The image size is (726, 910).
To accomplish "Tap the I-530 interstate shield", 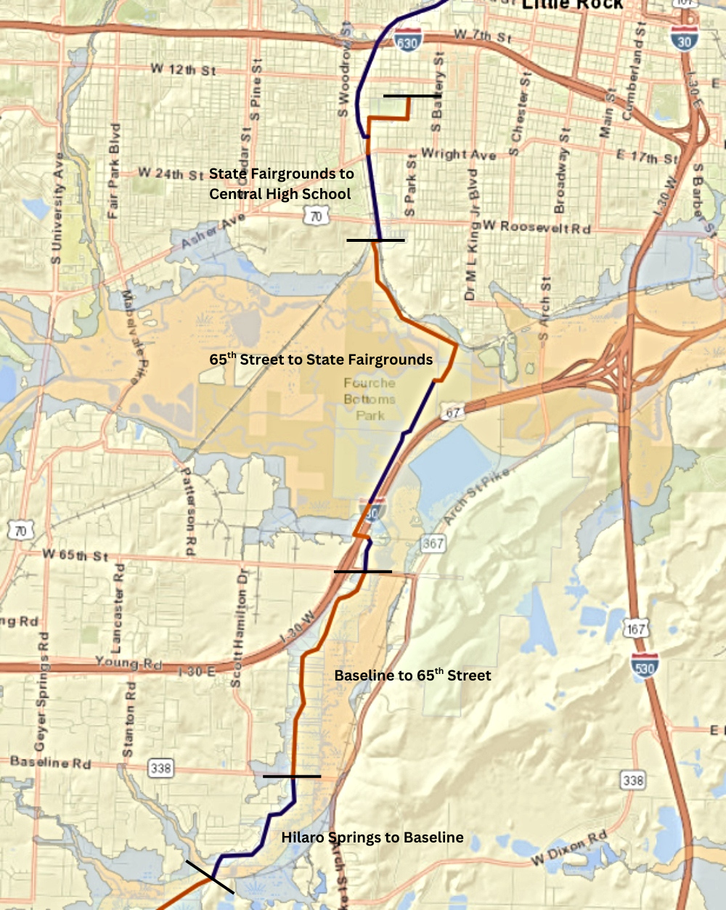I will coord(644,667).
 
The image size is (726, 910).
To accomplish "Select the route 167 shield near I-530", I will coord(635,628).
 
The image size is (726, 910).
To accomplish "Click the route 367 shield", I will coord(433,543).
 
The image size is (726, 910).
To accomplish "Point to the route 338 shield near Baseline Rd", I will coord(160,768).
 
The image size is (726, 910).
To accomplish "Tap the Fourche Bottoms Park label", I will coord(370,399).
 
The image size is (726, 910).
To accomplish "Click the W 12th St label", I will coord(183,69).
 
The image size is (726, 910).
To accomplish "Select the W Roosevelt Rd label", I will coord(537,227).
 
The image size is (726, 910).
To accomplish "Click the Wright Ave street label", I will coord(458,154).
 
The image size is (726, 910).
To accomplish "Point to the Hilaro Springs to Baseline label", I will coord(372,837).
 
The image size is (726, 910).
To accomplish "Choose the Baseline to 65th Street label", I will coord(412,675).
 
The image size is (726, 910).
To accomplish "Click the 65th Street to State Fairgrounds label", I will coord(321,359).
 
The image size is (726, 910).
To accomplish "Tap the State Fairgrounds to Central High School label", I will coord(281,184).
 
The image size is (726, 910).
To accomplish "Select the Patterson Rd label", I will coord(187,511).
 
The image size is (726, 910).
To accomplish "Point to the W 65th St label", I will coord(75,555).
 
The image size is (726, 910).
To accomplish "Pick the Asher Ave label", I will coord(213,230).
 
